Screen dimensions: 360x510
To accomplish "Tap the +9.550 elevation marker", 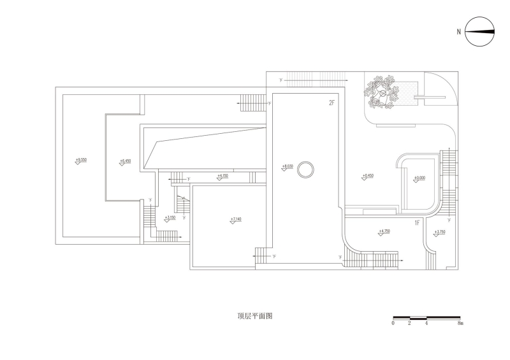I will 81,159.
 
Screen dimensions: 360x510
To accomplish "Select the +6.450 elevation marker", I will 125,161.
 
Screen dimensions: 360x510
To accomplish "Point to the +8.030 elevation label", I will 287,167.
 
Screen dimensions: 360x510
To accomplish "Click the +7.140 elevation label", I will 236,220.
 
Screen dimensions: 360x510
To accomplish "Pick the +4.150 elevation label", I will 222,175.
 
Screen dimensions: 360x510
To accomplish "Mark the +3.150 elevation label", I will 170,218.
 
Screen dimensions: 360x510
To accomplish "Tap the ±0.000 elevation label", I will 419,178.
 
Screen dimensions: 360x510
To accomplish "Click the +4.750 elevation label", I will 384,232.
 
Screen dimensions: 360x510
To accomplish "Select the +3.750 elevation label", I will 439,233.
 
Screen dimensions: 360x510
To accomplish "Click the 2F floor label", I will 331,103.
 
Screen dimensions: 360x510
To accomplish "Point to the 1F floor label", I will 418,223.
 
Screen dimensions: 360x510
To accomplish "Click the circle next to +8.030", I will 307,169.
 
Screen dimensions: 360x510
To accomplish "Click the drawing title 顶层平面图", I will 254,316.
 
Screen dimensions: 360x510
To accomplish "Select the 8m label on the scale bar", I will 460,324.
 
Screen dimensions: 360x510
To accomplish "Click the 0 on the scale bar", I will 393,324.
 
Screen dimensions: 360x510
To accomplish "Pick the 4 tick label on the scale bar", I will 426,324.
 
